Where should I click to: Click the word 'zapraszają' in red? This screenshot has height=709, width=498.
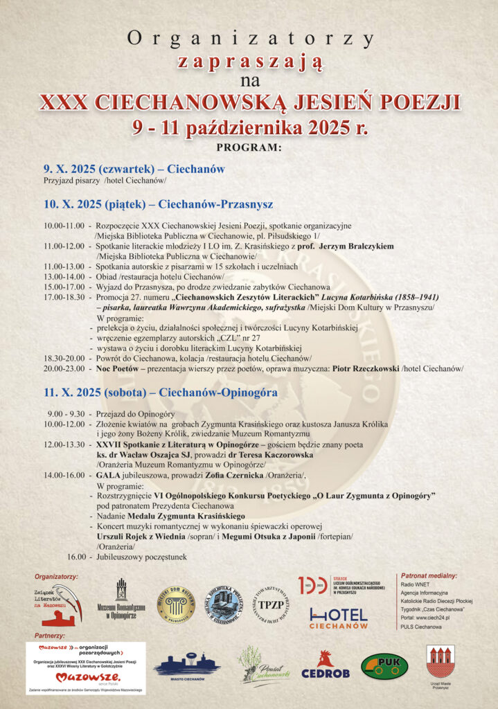tap(249, 62)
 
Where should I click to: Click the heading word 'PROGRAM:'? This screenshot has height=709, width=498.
tap(249, 147)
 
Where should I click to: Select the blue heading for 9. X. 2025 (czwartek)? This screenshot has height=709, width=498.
tap(134, 169)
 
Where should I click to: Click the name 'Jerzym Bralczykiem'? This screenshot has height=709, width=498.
tap(351, 246)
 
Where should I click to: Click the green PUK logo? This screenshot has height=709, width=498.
tap(384, 665)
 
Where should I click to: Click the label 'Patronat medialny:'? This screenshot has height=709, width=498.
tap(429, 575)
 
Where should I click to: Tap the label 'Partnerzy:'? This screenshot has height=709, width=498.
tap(49, 635)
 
